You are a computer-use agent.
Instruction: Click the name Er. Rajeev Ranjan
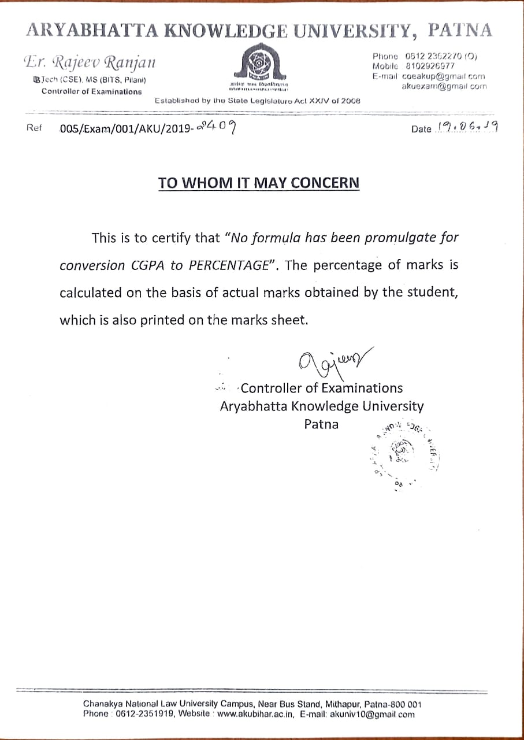coord(90,61)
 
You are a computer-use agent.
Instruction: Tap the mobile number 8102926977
coord(430,66)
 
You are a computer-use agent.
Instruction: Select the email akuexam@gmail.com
coord(444,86)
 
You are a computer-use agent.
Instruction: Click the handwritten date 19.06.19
coord(467,127)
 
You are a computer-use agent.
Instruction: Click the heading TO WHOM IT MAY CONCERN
coord(259,183)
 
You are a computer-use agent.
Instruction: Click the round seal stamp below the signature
coord(400,452)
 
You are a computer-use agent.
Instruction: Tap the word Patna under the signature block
coord(321,424)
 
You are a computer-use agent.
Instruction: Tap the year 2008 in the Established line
coord(350,101)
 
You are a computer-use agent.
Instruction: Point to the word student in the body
coord(431,293)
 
